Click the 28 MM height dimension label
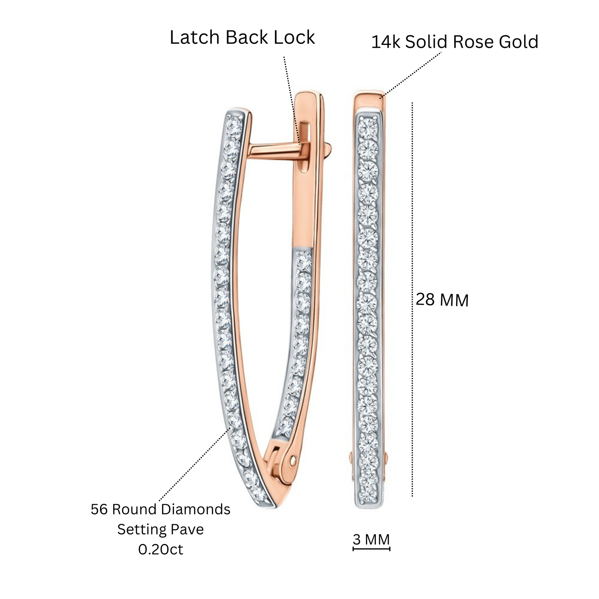point(442,300)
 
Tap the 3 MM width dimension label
point(371,540)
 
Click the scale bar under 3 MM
point(372,549)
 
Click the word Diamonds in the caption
point(195,509)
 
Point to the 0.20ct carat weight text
point(161,549)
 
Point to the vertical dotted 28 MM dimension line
point(412,299)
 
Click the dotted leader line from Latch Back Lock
point(292,101)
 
